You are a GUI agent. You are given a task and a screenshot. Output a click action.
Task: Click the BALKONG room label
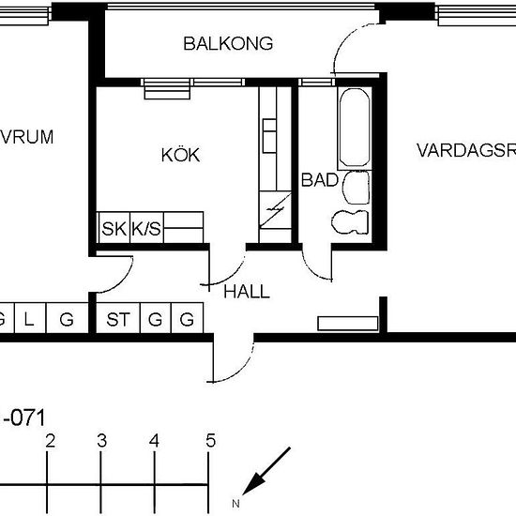tap(228, 43)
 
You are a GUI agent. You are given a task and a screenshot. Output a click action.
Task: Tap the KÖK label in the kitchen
tap(180, 155)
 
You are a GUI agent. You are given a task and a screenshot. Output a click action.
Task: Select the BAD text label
tap(313, 179)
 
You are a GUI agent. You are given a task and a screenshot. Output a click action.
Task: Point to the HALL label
tap(247, 292)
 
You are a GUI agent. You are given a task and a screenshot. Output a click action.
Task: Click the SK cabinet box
tap(114, 227)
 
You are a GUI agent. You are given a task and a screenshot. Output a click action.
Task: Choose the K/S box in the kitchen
tap(145, 227)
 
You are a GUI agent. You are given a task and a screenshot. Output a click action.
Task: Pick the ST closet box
tap(118, 320)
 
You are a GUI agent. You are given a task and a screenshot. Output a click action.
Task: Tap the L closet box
tap(29, 320)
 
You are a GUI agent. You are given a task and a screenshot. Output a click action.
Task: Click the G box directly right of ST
tap(156, 320)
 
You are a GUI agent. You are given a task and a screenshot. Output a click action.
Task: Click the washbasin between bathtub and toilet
tap(357, 188)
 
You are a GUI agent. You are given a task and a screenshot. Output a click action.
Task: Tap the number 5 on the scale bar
tap(211, 441)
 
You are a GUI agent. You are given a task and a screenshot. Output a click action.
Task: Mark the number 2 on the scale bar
tap(51, 441)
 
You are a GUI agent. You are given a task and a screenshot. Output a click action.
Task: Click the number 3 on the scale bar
tap(102, 441)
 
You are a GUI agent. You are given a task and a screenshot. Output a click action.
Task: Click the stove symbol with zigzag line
tap(275, 212)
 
